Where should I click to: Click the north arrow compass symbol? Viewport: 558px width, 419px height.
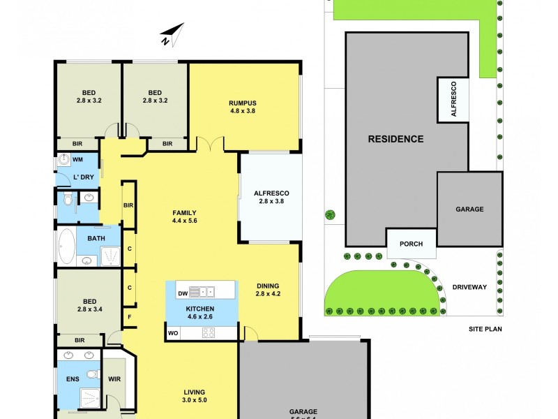(172, 34)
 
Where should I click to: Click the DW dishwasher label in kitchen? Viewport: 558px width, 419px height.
(181, 293)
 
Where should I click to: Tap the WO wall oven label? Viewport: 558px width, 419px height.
(173, 333)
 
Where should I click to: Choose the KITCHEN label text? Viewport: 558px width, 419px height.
(200, 309)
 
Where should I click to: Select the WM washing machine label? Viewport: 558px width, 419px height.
(78, 159)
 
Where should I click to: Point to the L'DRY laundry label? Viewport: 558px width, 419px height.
(83, 177)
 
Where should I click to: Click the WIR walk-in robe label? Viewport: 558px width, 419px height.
(114, 381)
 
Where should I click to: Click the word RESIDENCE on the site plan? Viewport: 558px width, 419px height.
(395, 139)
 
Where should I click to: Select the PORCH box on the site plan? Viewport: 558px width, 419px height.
(412, 244)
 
